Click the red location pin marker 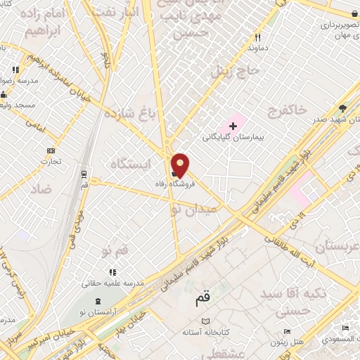tap(181, 165)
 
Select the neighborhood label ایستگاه tap(131, 164)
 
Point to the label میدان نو tap(189, 208)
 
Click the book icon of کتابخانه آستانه tap(205, 321)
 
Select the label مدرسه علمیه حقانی tap(115, 283)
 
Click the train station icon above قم tap(84, 173)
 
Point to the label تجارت tap(50, 161)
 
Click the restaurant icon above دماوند tap(258, 38)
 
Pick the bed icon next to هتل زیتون tap(286, 332)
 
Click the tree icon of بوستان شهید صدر tap(342, 108)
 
